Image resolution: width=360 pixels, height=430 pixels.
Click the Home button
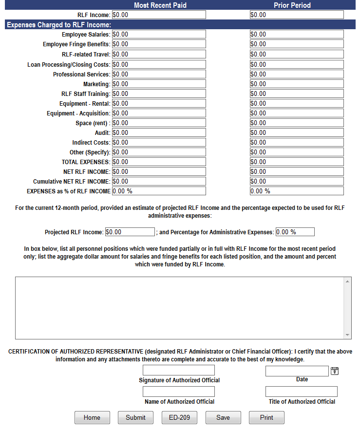click(92, 417)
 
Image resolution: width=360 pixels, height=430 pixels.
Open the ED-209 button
click(179, 417)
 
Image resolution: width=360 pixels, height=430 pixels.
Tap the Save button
click(223, 417)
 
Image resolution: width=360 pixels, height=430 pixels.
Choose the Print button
click(266, 417)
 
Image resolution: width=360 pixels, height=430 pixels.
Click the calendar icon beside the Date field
click(335, 371)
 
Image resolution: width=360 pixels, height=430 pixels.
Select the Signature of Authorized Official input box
click(178, 370)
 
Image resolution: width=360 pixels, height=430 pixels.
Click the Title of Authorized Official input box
click(301, 392)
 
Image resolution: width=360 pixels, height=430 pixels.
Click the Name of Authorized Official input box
click(178, 392)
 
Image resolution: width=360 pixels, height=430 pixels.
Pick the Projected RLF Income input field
click(130, 232)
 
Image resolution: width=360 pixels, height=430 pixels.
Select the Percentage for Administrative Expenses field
click(295, 232)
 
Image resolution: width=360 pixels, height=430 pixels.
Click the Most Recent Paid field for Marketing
click(159, 84)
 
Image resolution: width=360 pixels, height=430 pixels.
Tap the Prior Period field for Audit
click(296, 132)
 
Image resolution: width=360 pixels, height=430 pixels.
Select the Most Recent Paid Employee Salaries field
click(159, 34)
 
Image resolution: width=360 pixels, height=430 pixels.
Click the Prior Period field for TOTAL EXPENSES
click(296, 162)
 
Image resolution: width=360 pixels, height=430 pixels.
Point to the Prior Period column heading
click(292, 5)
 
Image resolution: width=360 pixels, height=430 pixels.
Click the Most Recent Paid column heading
click(160, 5)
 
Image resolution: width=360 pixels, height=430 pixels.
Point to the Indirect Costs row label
click(91, 143)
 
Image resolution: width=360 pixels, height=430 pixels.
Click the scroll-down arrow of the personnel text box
click(347, 335)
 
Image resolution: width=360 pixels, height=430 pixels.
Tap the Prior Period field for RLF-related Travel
click(296, 54)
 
